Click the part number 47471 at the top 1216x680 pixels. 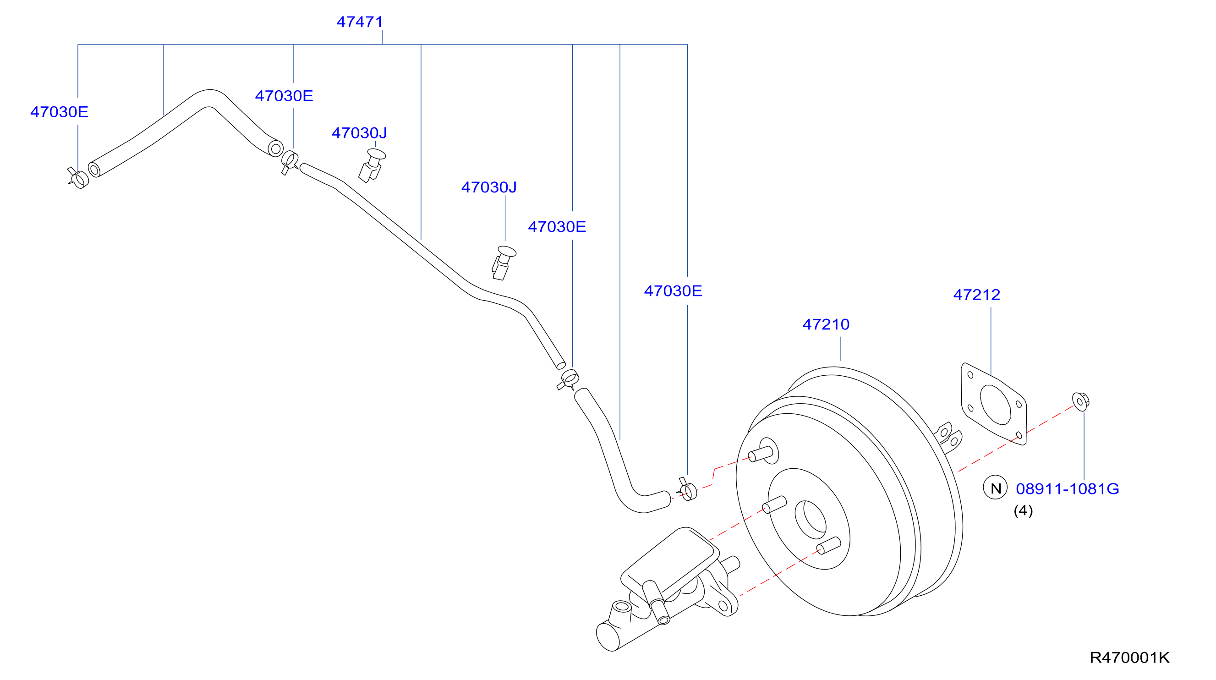pos(360,22)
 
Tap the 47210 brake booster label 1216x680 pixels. pos(826,324)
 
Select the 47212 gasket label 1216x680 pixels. pos(977,295)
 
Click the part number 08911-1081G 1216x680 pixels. pos(1067,489)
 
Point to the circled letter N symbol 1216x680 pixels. pos(995,488)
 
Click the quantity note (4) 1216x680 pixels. pos(1024,510)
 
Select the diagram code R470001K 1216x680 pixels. pos(1129,658)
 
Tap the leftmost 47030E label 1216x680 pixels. pos(59,112)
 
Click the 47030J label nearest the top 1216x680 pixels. pos(359,133)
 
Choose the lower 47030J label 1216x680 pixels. pos(489,187)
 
